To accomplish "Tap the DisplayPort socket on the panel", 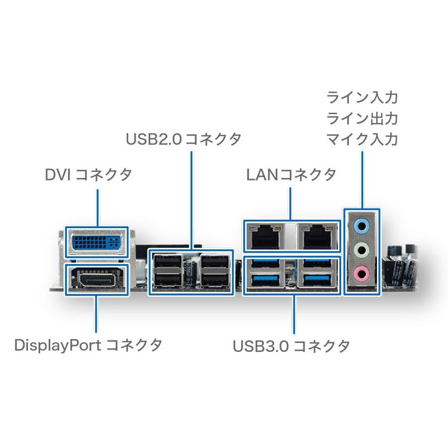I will (96, 279).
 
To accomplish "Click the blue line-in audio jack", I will (361, 225).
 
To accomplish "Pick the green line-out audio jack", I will (361, 250).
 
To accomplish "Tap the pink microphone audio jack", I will (361, 274).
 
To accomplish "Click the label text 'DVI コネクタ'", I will (88, 175).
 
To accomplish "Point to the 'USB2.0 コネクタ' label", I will (184, 139).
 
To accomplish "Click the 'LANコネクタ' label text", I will (291, 175).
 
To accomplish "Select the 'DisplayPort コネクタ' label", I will (88, 345).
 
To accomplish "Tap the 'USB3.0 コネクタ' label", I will (291, 345).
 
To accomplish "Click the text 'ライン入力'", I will (361, 97).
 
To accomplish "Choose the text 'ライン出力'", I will (361, 118).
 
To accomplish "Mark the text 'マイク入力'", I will (361, 139).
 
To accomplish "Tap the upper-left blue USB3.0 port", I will (266, 265).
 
